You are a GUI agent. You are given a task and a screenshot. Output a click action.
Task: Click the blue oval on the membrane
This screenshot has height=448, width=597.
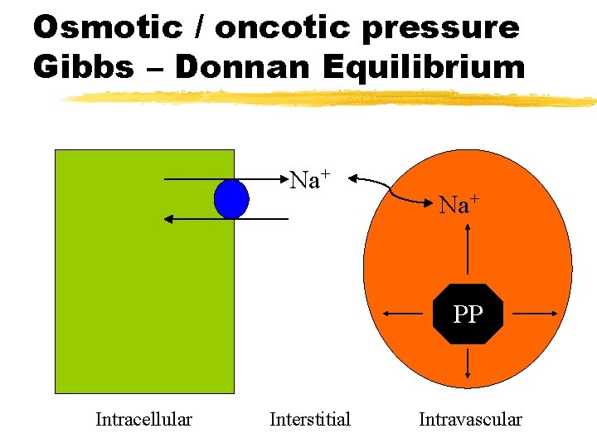(x=231, y=199)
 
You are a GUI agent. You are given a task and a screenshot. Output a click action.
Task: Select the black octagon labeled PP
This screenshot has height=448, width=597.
(x=468, y=314)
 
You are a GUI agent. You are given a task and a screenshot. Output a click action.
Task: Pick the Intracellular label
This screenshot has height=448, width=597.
(x=143, y=419)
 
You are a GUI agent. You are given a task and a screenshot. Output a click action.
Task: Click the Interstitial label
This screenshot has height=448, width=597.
(x=310, y=419)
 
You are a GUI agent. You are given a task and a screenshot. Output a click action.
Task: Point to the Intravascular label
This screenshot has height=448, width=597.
(x=470, y=419)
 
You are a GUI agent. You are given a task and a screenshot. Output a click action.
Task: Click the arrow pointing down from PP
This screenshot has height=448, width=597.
(x=469, y=365)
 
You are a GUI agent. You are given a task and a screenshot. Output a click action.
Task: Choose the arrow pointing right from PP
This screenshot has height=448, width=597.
(x=536, y=314)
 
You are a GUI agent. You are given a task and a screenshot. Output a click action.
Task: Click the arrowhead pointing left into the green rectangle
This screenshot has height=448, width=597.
(x=168, y=218)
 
